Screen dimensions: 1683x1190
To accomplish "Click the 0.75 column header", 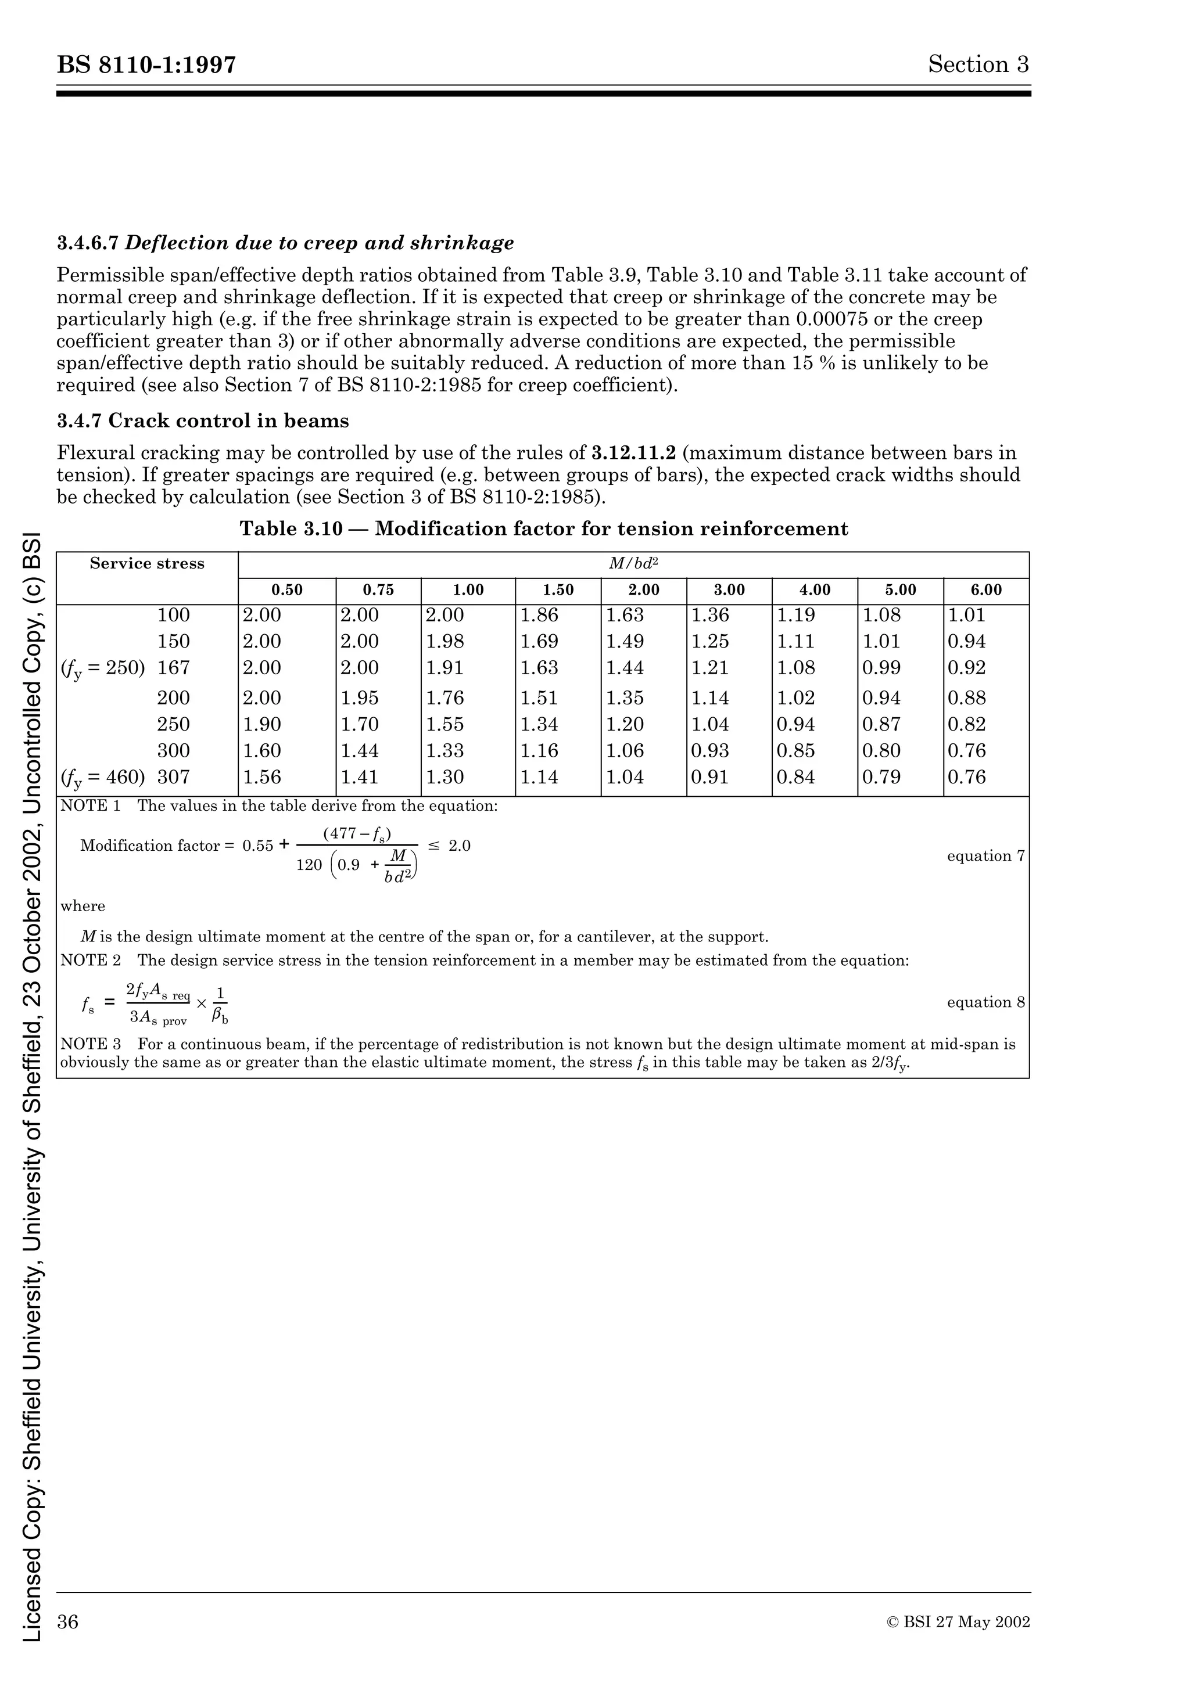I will coord(378,591).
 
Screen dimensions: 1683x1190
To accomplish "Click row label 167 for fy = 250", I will coord(173,668).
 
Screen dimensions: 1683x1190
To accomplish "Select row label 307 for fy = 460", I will coord(173,777).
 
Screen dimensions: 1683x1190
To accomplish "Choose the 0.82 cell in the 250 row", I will coord(966,724).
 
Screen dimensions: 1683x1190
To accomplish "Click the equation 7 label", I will coord(985,856).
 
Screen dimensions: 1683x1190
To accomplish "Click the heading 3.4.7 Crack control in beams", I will coord(203,420).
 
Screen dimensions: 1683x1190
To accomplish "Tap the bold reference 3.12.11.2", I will coord(633,453).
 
